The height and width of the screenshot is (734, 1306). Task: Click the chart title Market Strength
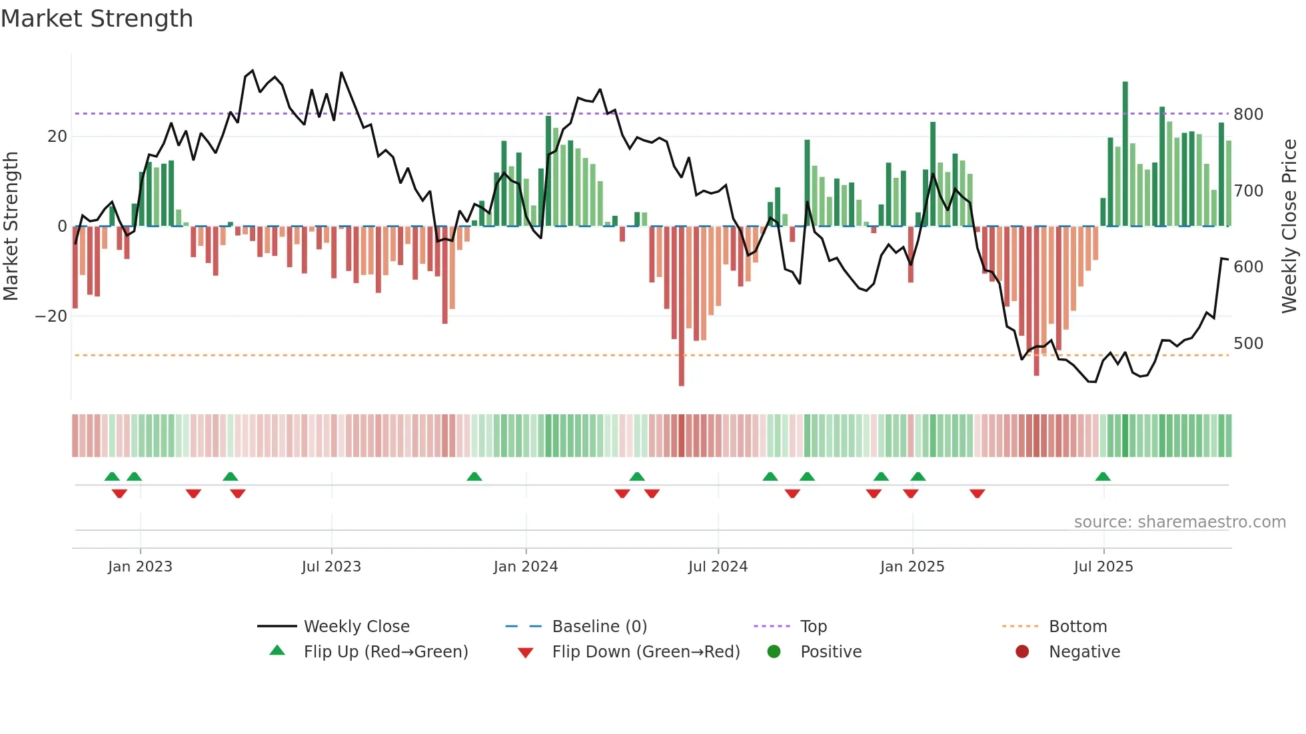click(x=97, y=19)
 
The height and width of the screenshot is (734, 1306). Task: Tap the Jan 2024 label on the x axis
click(x=526, y=567)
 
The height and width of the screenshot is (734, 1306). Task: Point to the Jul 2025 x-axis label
click(x=1103, y=567)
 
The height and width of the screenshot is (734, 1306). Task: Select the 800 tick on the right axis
click(x=1248, y=115)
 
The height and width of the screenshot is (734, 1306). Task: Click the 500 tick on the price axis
click(x=1248, y=344)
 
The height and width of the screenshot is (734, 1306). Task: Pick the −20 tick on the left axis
click(x=51, y=316)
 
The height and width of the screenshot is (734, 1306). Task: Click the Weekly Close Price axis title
click(x=1290, y=226)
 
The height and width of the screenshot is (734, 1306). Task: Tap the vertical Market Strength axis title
click(x=11, y=226)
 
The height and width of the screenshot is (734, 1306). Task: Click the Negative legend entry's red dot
click(x=1022, y=652)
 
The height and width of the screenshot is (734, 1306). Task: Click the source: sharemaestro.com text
click(x=1179, y=522)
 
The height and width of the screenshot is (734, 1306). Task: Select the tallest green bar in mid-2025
click(x=1125, y=153)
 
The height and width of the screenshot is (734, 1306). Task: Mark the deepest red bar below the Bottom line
click(x=682, y=306)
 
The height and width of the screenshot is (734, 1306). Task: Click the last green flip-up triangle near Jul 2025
click(x=1103, y=477)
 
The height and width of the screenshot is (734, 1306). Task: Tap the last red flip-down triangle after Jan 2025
click(x=978, y=494)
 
